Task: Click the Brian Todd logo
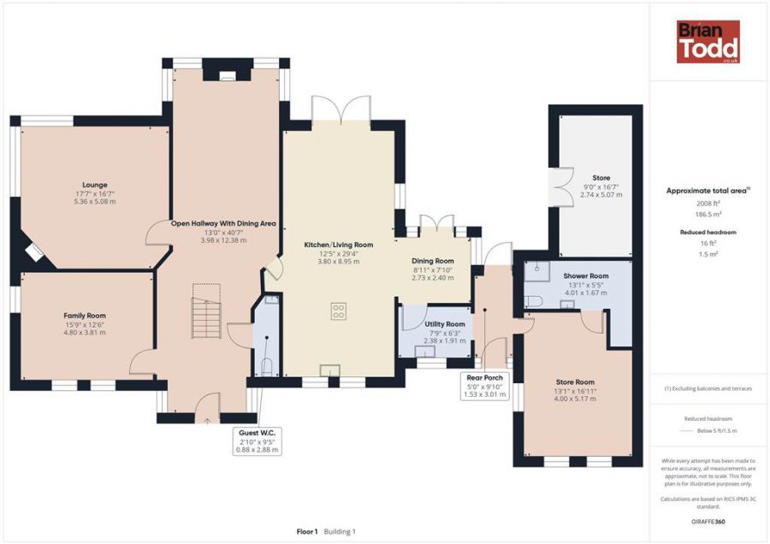point(708,41)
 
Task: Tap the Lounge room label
point(95,185)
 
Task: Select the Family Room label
point(85,316)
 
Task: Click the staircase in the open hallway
point(206,310)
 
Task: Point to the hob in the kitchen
point(338,311)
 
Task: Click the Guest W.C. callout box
point(258,441)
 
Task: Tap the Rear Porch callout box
point(485,386)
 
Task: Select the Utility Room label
point(445,324)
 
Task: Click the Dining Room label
point(433,261)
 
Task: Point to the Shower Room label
point(586,276)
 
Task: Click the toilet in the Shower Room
point(533,300)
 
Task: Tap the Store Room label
point(575,382)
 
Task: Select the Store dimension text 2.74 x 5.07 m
point(601,194)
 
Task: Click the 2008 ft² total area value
point(708,204)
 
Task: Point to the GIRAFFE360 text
point(708,522)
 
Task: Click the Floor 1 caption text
point(307,531)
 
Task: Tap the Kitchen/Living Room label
point(338,245)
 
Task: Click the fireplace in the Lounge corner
point(34,251)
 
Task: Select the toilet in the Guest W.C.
point(266,367)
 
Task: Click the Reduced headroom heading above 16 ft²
point(708,233)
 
